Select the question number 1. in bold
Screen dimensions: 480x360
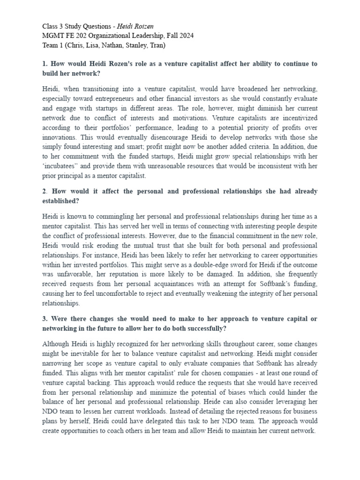point(45,64)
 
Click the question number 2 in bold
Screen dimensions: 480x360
point(45,191)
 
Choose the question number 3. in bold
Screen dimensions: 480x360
point(45,319)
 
